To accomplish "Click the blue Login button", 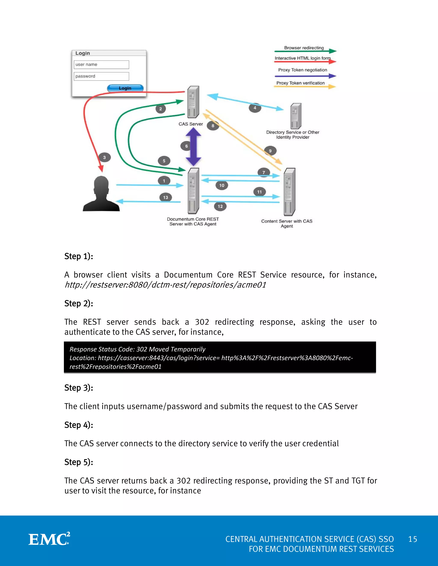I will pyautogui.click(x=125, y=88).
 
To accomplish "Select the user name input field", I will pyautogui.click(x=101, y=65).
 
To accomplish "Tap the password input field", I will pyautogui.click(x=101, y=76).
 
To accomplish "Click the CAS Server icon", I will pyautogui.click(x=193, y=102).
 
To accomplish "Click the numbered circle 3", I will pyautogui.click(x=105, y=157).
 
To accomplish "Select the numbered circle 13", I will pyautogui.click(x=166, y=198).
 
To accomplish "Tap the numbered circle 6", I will pyautogui.click(x=186, y=146).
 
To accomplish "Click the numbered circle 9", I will pyautogui.click(x=270, y=151).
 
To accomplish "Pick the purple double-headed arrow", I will pyautogui.click(x=194, y=147).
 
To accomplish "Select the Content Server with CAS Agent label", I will pyautogui.click(x=287, y=223).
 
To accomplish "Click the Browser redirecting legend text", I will pyautogui.click(x=304, y=48).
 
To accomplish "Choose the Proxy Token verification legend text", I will pyautogui.click(x=300, y=83).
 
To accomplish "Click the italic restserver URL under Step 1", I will pyautogui.click(x=165, y=285).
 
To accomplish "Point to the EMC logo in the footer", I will pyautogui.click(x=49, y=539).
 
